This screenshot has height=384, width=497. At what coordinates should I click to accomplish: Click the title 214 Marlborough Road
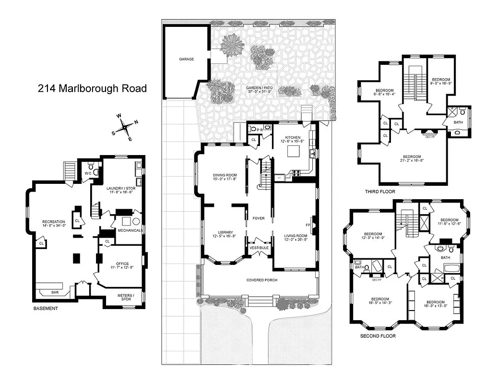coord(92,88)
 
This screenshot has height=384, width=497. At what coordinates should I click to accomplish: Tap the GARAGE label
coord(187,59)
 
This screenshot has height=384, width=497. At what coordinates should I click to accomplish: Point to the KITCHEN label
coord(293,137)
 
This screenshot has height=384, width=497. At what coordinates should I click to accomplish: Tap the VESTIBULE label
coord(259,248)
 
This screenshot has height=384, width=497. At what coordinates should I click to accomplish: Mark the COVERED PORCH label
coord(262,280)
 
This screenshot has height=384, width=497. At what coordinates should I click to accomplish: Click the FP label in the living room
coord(308,224)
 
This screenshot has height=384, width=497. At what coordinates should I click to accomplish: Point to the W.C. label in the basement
coord(87,173)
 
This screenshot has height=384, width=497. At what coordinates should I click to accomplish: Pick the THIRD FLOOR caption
coord(380,192)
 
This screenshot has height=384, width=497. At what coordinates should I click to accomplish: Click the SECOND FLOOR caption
coord(378,336)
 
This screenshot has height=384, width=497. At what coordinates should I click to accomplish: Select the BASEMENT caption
coord(46,309)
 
